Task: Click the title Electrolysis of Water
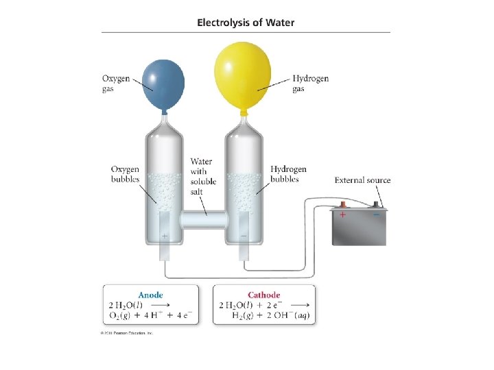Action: [x=246, y=23]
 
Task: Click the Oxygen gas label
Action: [x=116, y=84]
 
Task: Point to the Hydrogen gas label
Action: [x=310, y=84]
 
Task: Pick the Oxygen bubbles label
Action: [x=125, y=174]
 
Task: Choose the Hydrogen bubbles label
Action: [x=288, y=174]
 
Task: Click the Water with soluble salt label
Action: [x=203, y=176]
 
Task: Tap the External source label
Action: [x=362, y=180]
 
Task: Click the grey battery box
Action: [x=359, y=228]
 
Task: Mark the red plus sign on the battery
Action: [x=342, y=214]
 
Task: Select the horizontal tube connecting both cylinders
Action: [x=203, y=221]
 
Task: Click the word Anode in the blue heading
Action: [x=150, y=295]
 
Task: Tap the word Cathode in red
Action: [x=265, y=295]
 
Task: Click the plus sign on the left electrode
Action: [x=164, y=236]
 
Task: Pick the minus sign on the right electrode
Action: [x=244, y=236]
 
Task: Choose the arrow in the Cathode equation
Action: [x=304, y=306]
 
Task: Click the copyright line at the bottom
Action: [x=128, y=334]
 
